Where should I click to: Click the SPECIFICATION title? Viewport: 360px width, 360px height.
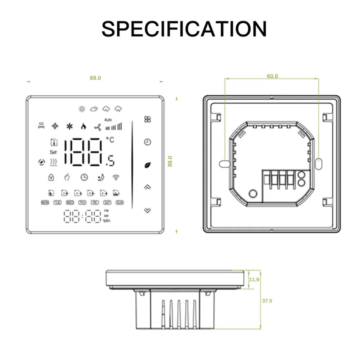tap(184, 29)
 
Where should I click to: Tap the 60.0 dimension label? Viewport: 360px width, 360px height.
tap(272, 76)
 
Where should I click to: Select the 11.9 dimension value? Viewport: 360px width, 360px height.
tap(255, 279)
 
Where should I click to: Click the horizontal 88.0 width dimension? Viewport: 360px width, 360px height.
tap(95, 78)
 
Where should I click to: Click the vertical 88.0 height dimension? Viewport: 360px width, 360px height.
tap(170, 161)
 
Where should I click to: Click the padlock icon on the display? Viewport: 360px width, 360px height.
tap(51, 177)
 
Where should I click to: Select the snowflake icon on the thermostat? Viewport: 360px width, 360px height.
tap(69, 126)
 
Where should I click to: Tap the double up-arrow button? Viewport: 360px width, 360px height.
tap(147, 187)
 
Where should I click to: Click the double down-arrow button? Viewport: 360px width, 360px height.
tap(147, 210)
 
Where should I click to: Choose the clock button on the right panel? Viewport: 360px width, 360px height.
tap(147, 142)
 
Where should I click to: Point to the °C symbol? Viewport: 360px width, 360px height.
tap(110, 140)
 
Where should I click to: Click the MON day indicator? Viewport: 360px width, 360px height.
tap(45, 202)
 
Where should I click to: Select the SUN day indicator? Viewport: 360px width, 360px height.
tap(120, 202)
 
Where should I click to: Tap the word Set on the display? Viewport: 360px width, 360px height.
tap(53, 152)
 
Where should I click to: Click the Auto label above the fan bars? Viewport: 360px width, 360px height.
tap(108, 120)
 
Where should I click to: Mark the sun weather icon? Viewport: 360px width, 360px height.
tap(82, 108)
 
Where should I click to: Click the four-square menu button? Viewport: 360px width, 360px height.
tap(147, 119)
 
